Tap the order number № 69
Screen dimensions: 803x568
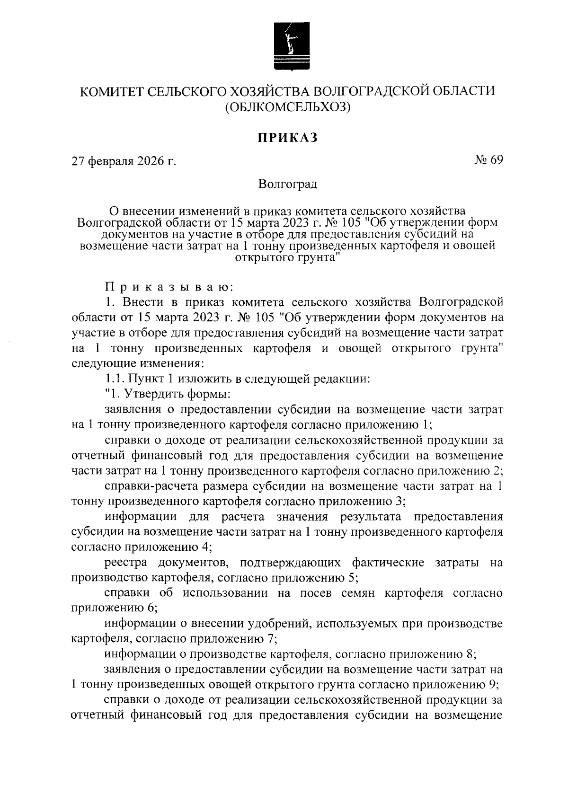point(488,160)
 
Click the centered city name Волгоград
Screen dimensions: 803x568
point(287,184)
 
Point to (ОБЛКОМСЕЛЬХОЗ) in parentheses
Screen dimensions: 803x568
point(287,108)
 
